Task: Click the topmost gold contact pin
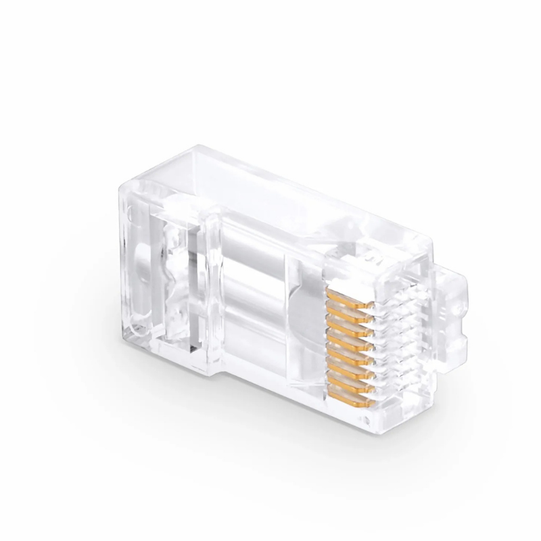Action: (x=351, y=298)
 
